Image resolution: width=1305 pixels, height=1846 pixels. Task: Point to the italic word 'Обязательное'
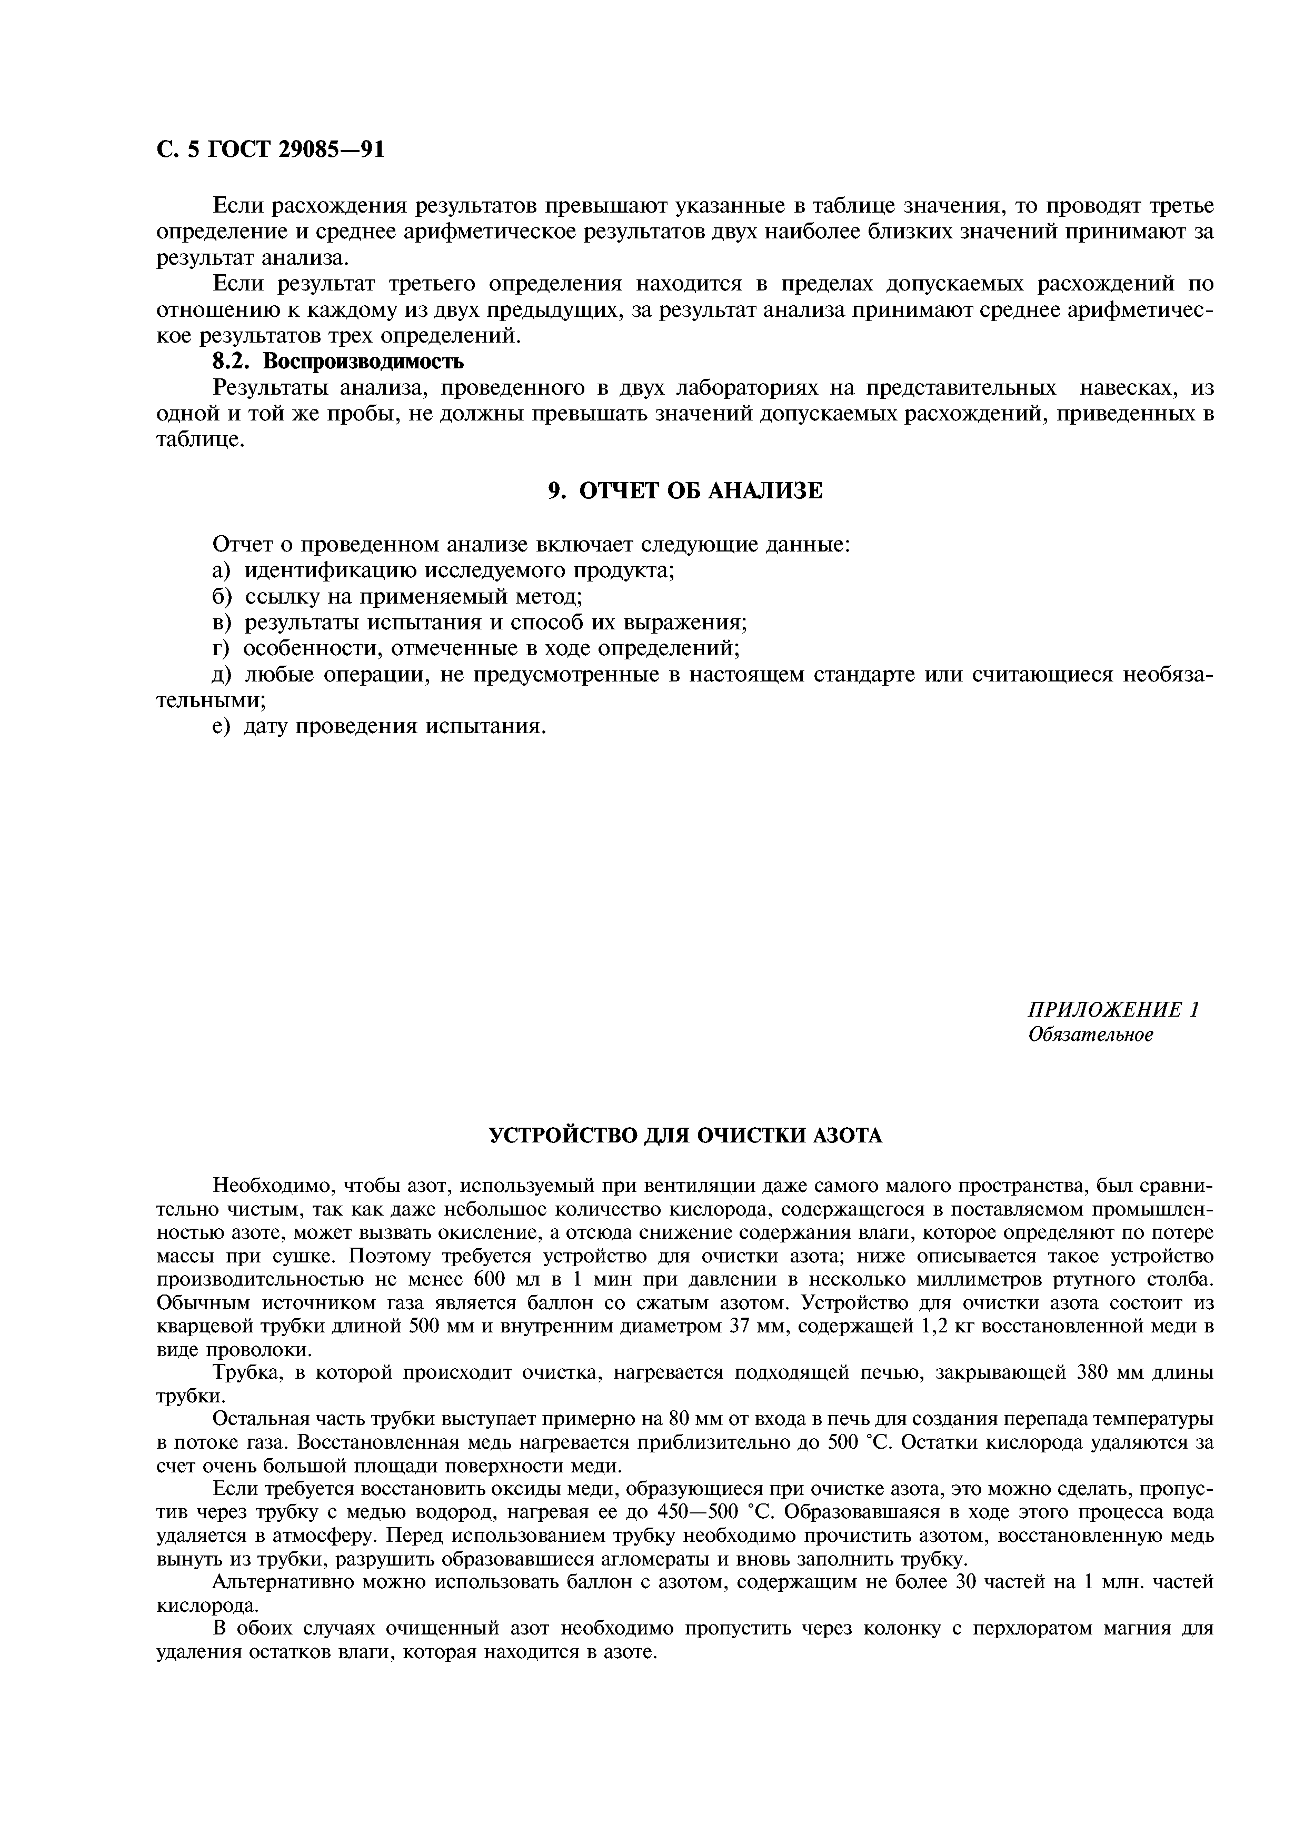[x=1091, y=1035]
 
